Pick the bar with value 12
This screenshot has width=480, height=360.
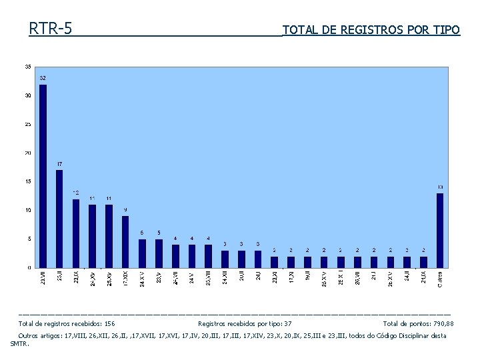tap(76, 233)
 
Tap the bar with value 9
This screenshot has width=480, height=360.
tap(125, 241)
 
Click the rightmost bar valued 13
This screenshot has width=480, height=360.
tap(440, 230)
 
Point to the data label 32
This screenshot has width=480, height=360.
tap(43, 78)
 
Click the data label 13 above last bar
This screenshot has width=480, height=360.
tap(440, 187)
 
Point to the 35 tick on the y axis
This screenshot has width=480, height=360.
tap(27, 67)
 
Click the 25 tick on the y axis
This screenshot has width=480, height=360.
tap(27, 124)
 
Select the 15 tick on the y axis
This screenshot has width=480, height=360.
tap(27, 181)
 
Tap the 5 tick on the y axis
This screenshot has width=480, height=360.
tap(29, 239)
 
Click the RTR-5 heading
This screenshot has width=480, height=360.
tap(51, 29)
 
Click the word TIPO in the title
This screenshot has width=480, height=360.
tap(446, 30)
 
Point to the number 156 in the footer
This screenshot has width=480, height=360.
tap(109, 323)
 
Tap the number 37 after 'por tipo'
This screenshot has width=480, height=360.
tap(287, 323)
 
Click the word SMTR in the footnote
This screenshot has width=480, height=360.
tap(19, 344)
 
